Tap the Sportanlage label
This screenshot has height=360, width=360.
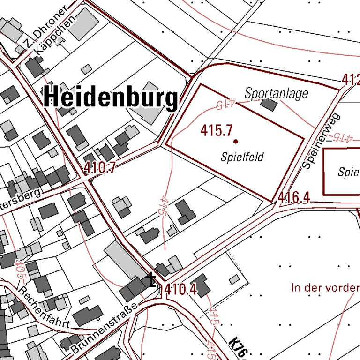pyautogui.click(x=277, y=93)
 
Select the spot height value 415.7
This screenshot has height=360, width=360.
pyautogui.click(x=217, y=130)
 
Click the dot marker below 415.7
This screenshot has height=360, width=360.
pyautogui.click(x=235, y=141)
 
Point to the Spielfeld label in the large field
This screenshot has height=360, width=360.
pyautogui.click(x=242, y=157)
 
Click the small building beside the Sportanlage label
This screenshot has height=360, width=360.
pyautogui.click(x=269, y=104)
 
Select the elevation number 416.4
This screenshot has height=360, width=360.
pyautogui.click(x=294, y=198)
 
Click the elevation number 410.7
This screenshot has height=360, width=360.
pyautogui.click(x=100, y=167)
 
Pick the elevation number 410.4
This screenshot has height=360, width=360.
pyautogui.click(x=180, y=291)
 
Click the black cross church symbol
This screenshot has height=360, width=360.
pyautogui.click(x=151, y=280)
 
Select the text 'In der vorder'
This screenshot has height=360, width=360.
pyautogui.click(x=325, y=287)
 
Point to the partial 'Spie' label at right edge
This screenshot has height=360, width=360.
pyautogui.click(x=348, y=172)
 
